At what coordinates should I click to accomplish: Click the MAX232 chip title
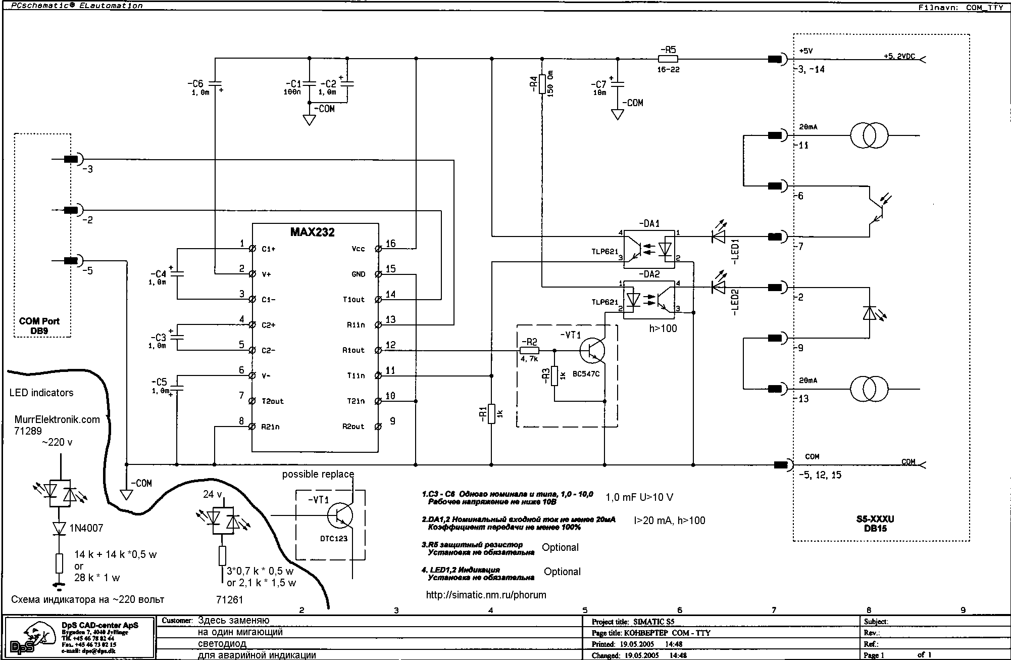tap(312, 232)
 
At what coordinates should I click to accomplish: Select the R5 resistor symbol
tap(668, 59)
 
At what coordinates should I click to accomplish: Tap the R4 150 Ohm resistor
tap(542, 84)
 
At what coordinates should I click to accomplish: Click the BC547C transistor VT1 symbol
tap(592, 350)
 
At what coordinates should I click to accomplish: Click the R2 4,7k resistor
tap(529, 350)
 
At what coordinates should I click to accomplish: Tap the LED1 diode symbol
tap(718, 236)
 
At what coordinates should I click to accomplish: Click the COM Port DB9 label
tap(39, 326)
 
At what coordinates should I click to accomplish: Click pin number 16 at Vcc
tap(390, 244)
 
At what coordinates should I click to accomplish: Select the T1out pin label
tap(353, 300)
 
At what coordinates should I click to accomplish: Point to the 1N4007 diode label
tap(86, 528)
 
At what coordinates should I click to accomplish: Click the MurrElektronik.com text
tap(57, 419)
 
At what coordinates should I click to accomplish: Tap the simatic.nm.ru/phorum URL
tap(486, 595)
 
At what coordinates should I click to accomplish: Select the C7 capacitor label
tap(600, 84)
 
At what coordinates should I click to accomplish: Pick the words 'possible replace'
tap(318, 474)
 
